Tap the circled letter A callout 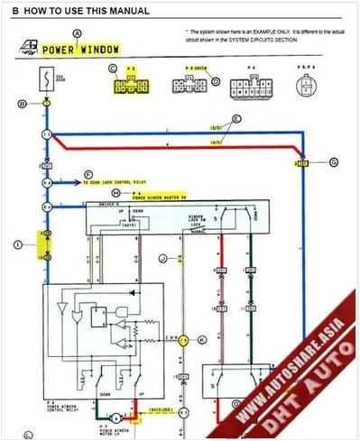pos(76,32)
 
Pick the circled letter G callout pos(333,162)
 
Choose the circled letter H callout pos(115,193)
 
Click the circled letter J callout pos(162,259)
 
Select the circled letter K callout pos(202,339)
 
